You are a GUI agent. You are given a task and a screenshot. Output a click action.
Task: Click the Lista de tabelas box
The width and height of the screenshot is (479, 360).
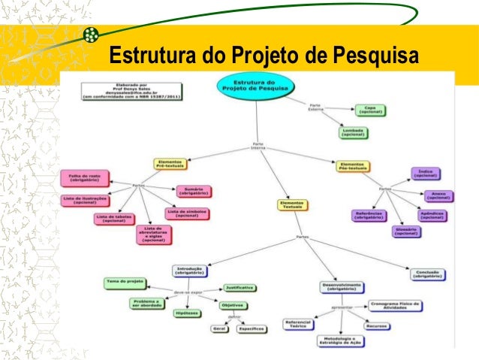coord(115,219)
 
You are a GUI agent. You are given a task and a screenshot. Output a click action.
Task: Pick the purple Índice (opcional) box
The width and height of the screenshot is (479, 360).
coord(424,174)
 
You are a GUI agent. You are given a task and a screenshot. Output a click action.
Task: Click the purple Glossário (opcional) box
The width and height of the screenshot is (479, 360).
coord(407,231)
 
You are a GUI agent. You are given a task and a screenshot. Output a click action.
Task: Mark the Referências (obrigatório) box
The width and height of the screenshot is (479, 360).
coord(370,215)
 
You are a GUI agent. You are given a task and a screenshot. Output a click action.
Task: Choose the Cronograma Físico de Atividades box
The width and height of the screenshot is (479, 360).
coord(395,305)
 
